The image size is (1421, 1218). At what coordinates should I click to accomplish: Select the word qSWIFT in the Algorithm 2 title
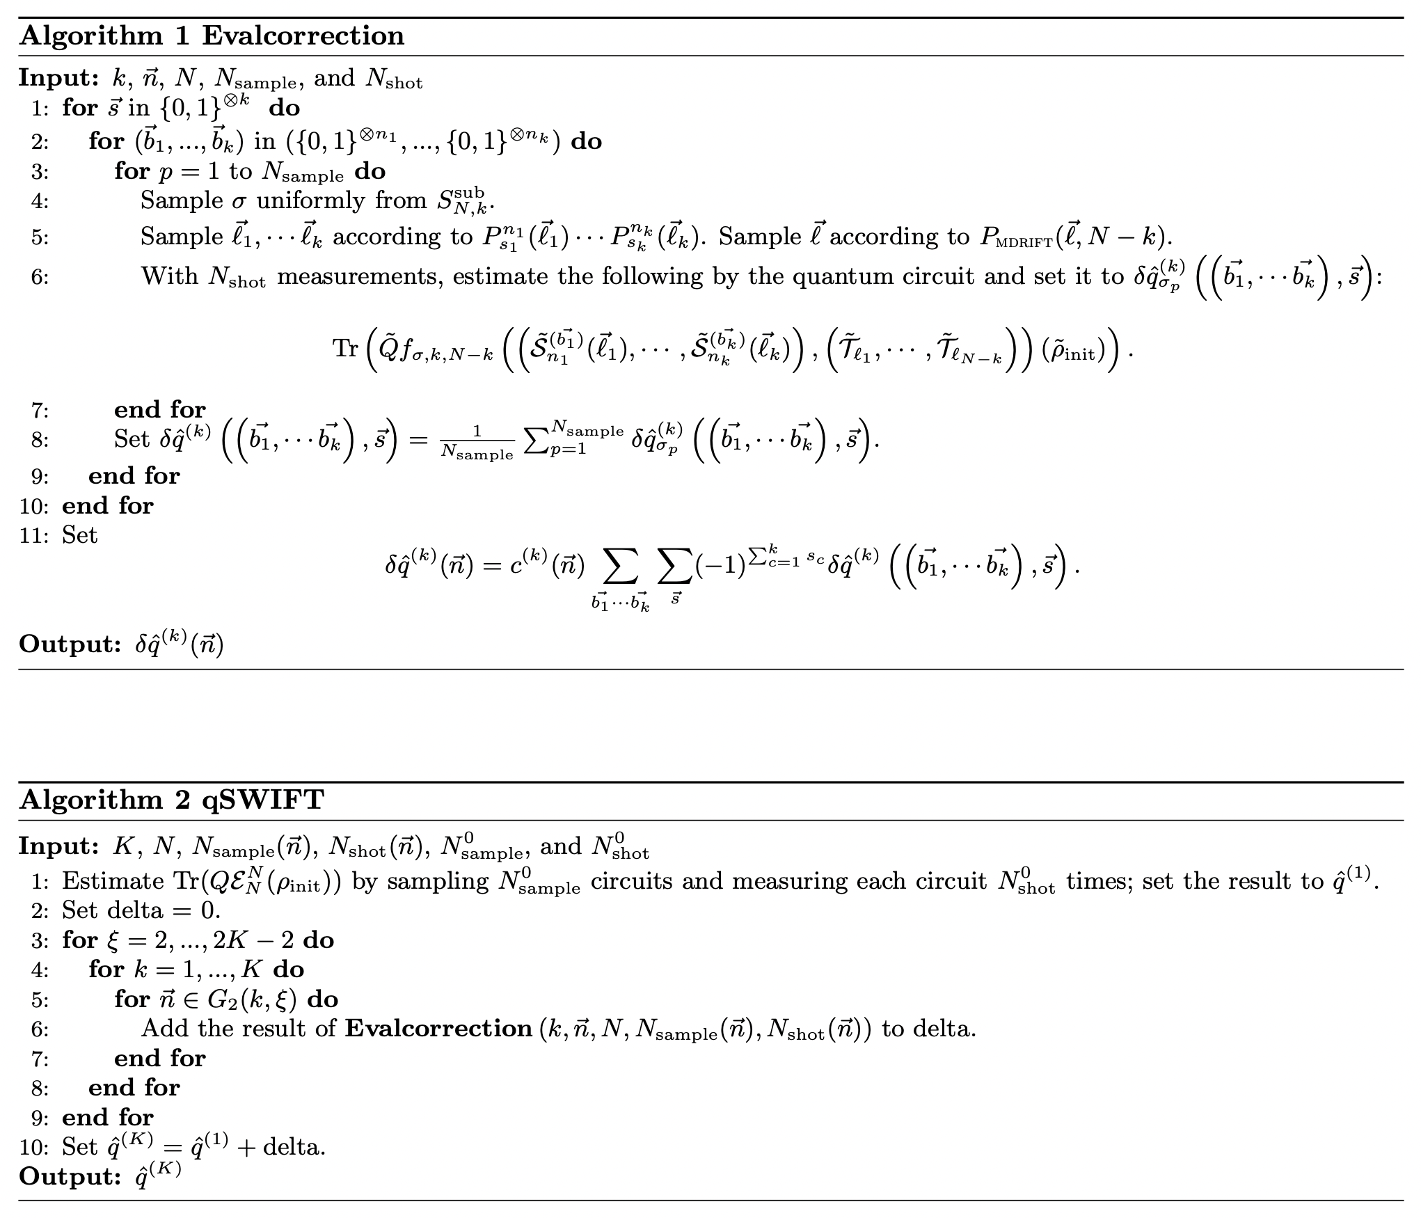[x=262, y=800]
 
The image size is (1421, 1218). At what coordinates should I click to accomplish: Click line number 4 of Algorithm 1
[x=40, y=201]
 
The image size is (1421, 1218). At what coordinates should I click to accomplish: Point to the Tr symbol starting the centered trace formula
[x=345, y=347]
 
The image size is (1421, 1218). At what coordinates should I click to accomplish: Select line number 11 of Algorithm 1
[x=33, y=535]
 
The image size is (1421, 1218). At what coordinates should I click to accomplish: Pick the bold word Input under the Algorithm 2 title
[x=59, y=846]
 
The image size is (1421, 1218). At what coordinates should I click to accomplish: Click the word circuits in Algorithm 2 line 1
[x=632, y=881]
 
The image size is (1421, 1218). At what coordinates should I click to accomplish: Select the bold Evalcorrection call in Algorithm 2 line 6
[x=438, y=1029]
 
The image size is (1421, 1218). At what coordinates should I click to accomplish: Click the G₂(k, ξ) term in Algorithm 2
[x=252, y=999]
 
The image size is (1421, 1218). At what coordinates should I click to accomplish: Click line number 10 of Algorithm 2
[x=33, y=1146]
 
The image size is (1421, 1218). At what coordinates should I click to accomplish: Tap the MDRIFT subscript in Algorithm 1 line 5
[x=1026, y=242]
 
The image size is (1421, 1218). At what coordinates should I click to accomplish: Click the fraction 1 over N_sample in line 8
[x=477, y=443]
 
